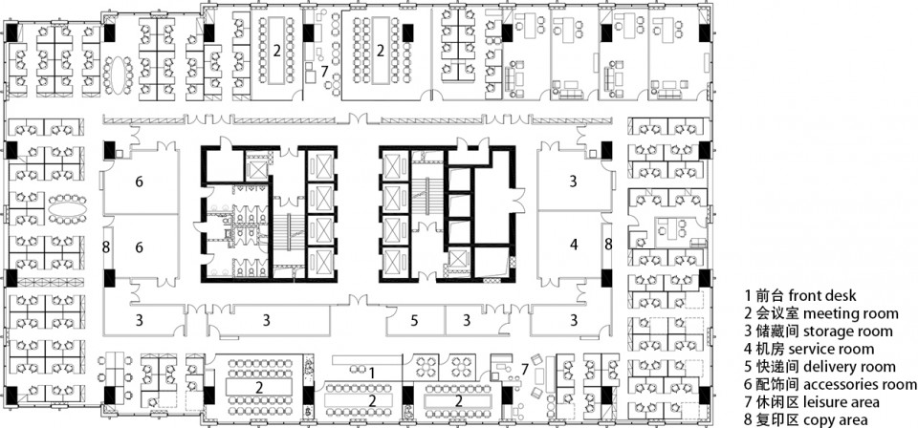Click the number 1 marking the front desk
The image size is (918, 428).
372,371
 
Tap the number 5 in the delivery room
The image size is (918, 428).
414,320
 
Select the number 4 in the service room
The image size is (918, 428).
575,245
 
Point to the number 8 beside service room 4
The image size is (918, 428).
608,245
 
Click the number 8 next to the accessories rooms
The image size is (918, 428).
106,247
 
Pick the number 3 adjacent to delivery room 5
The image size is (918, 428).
467,320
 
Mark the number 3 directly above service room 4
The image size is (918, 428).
573,182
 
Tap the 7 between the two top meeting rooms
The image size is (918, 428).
324,72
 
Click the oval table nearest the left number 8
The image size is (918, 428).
67,208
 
